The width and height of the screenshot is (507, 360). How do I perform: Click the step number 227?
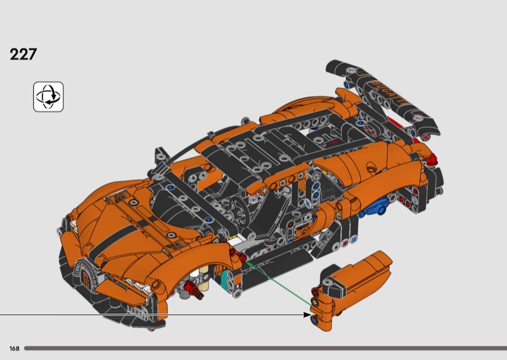23,55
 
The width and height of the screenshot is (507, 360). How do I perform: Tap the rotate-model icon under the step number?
49,97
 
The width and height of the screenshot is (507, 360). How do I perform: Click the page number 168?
15,349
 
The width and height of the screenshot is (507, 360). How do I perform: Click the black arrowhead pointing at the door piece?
307,314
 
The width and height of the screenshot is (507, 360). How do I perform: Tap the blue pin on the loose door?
314,319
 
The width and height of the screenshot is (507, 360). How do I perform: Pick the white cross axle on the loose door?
314,302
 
